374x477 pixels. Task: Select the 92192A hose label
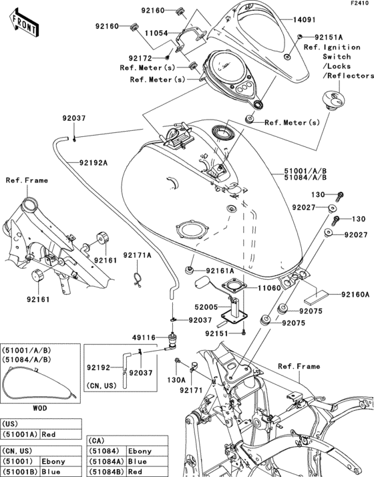pyautogui.click(x=93, y=162)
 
